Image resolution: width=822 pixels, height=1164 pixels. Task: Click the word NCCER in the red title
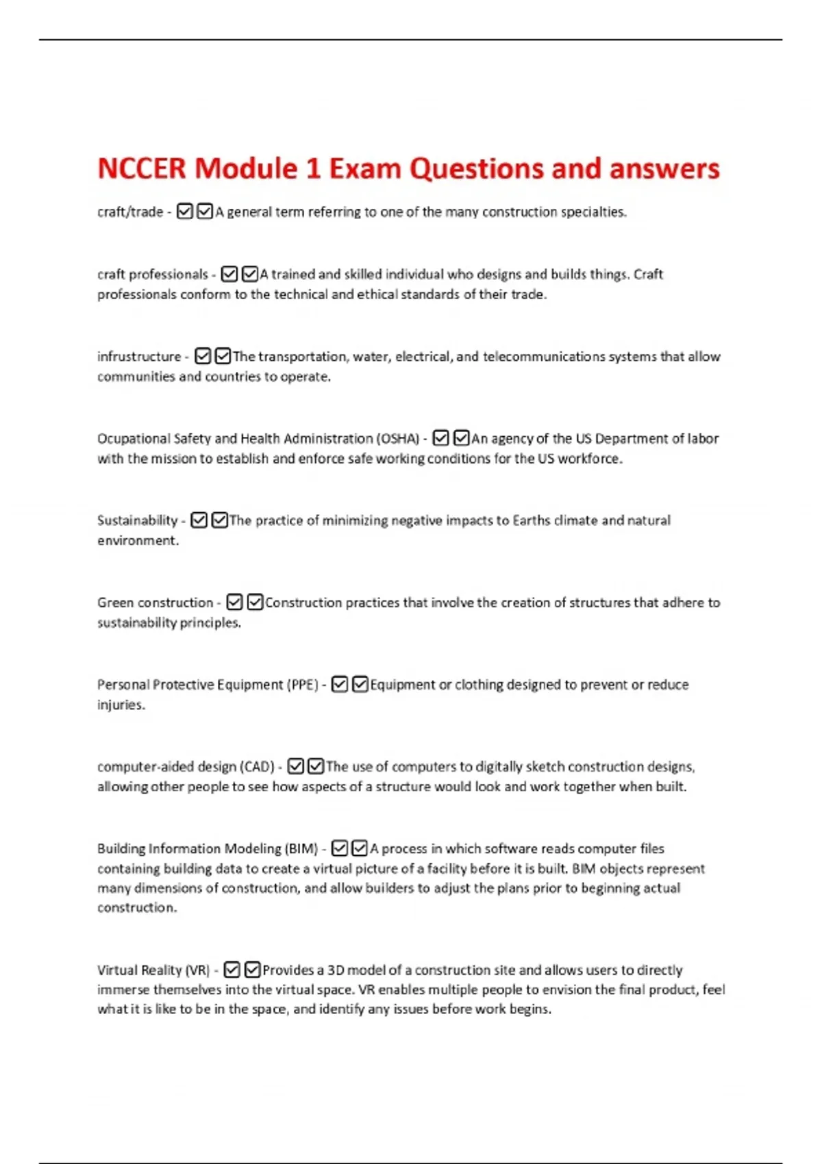[x=141, y=169]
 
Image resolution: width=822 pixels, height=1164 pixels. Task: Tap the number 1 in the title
[x=313, y=169]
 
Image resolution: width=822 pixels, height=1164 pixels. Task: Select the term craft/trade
[x=130, y=212]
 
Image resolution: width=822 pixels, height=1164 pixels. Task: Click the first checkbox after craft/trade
[x=184, y=212]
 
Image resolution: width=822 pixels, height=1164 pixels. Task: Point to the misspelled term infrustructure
[x=139, y=357]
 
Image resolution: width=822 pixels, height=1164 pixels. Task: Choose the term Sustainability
[x=137, y=520]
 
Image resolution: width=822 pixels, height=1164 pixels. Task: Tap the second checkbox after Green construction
[x=255, y=603]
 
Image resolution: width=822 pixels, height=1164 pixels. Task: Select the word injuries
[x=121, y=705]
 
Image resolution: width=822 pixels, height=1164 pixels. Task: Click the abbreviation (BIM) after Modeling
[x=301, y=849]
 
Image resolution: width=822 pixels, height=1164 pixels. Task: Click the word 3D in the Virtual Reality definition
[x=336, y=970]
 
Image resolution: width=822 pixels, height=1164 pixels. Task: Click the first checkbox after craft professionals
[x=229, y=275]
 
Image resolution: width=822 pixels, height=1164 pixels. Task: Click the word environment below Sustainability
[x=137, y=541]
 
